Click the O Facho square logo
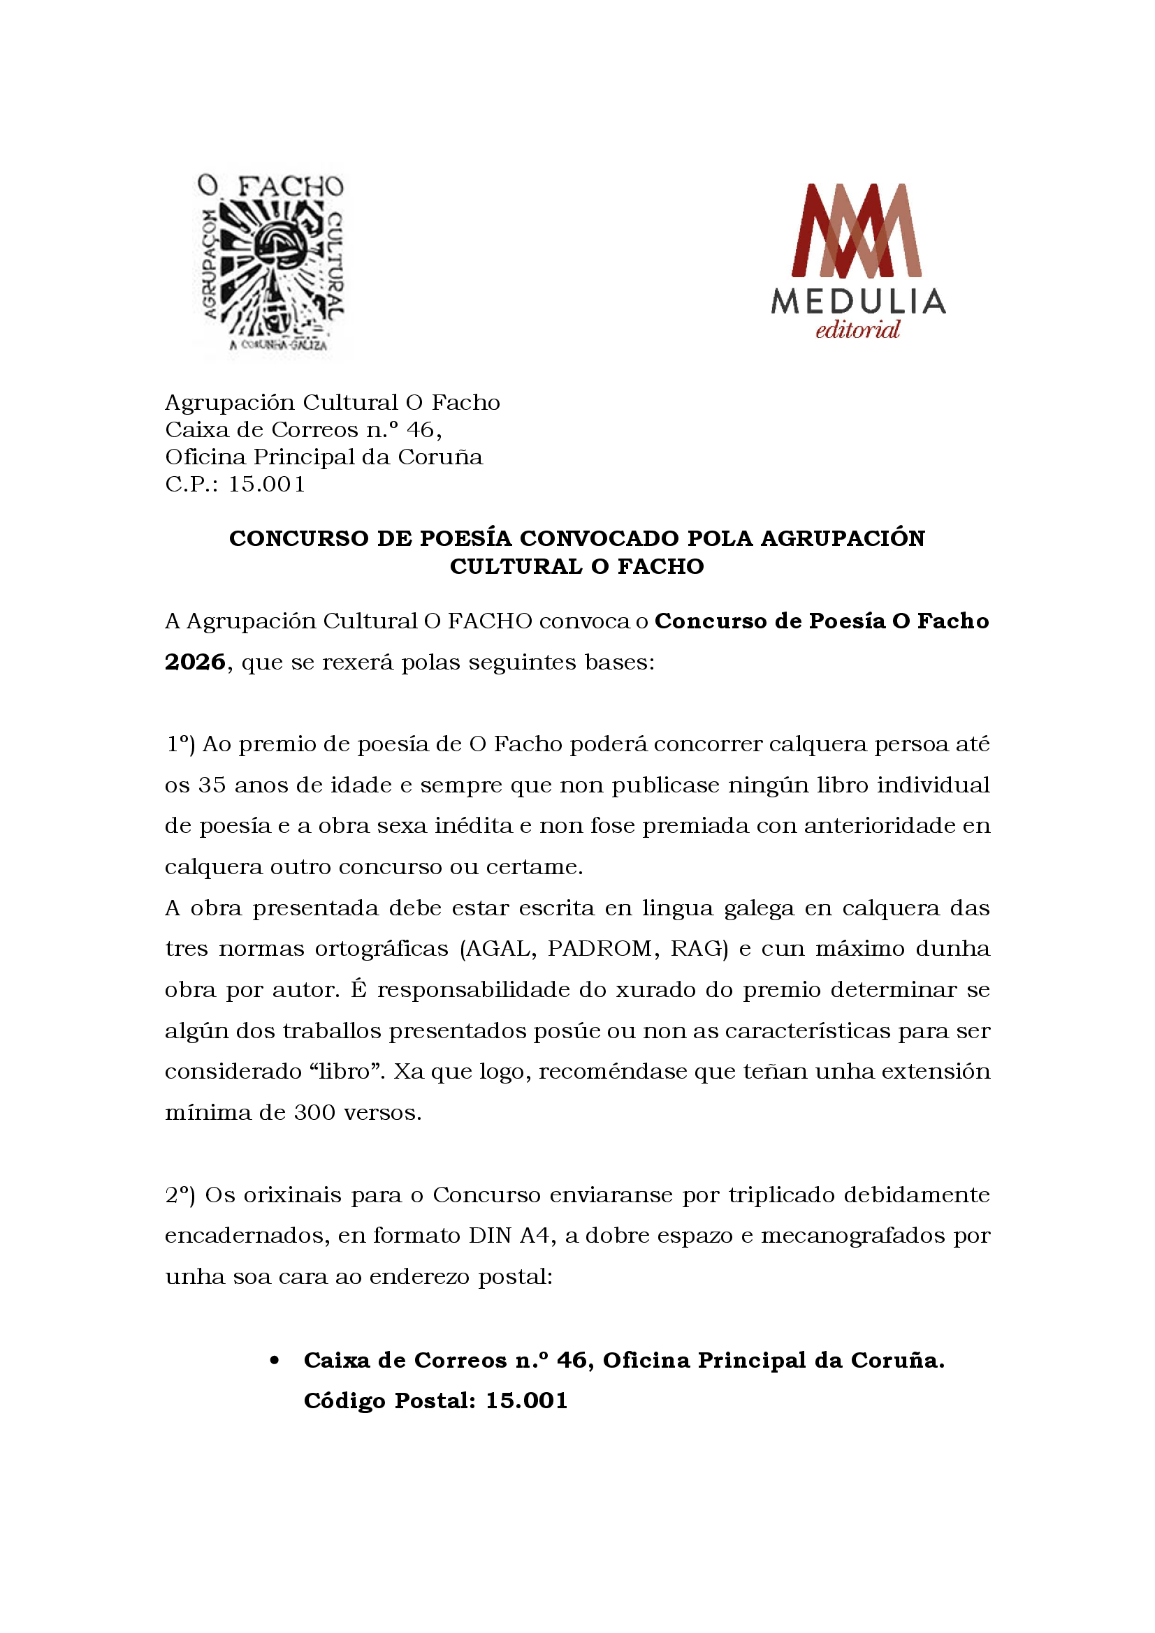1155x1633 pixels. click(270, 263)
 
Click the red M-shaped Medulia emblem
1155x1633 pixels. click(857, 230)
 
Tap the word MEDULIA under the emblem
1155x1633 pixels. click(858, 302)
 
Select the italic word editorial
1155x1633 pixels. click(857, 330)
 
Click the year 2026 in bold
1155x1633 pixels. click(195, 662)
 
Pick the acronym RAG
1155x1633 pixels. click(696, 949)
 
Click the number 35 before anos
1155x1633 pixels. click(212, 785)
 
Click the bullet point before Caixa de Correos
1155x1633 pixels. click(275, 1361)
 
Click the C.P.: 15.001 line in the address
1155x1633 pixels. click(235, 485)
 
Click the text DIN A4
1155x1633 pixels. click(509, 1236)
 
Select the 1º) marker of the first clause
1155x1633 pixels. click(181, 744)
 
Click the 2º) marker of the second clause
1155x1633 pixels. click(181, 1195)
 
